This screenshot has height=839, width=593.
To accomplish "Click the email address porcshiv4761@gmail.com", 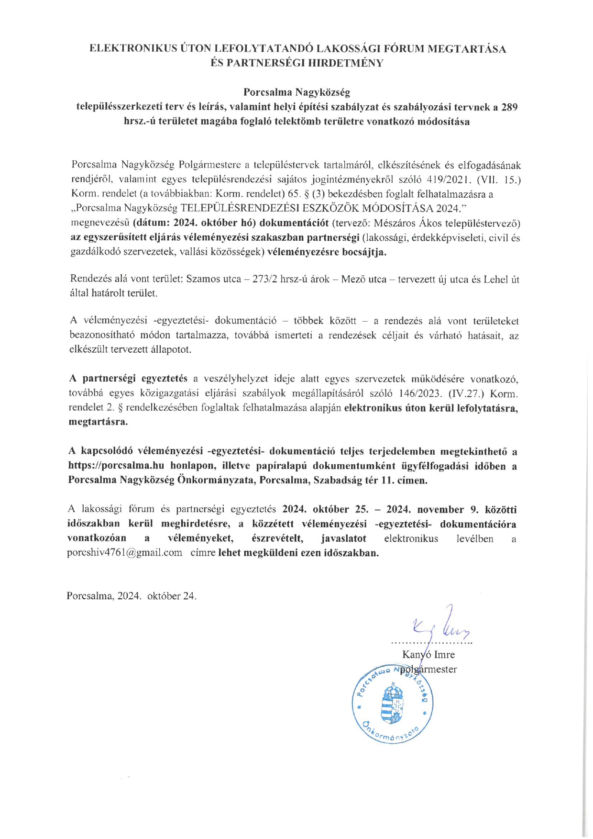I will (125, 553).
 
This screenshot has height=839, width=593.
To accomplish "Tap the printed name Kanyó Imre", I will (428, 655).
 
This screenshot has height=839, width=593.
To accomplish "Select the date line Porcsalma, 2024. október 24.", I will (132, 596).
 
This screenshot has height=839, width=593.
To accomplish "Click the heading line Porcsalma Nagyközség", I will (296, 92).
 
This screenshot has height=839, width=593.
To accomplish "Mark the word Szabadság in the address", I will (338, 481).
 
